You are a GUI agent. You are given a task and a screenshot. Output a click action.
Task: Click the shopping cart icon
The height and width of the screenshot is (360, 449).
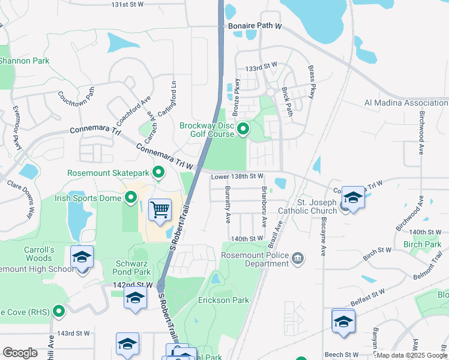pyautogui.click(x=160, y=211)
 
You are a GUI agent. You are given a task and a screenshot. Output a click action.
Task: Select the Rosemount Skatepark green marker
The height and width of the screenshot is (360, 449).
pyautogui.click(x=158, y=173)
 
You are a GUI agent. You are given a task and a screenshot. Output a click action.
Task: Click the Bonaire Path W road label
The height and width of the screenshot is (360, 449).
pyautogui.click(x=255, y=27)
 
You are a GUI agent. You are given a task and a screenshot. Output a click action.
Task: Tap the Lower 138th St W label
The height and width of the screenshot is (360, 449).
pyautogui.click(x=237, y=176)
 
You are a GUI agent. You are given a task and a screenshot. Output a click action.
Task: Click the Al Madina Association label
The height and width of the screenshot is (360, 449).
pyautogui.click(x=406, y=103)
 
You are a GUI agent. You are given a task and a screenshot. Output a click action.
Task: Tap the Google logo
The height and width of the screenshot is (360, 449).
pyautogui.click(x=20, y=353)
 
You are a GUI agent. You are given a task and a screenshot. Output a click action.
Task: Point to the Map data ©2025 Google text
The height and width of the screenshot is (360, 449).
pyautogui.click(x=412, y=355)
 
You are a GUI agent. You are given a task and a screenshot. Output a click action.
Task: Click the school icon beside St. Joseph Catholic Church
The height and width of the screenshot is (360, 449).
pyautogui.click(x=353, y=198)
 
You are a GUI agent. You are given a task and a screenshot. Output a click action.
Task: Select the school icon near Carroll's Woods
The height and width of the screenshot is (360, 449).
pyautogui.click(x=82, y=258)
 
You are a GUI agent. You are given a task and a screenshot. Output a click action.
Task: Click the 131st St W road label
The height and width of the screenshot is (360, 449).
pyautogui.click(x=128, y=4)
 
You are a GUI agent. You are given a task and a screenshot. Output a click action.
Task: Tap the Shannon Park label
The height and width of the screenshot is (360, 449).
pyautogui.click(x=24, y=61)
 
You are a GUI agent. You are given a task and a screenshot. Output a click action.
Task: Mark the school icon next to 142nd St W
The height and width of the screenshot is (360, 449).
pyautogui.click(x=135, y=298)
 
